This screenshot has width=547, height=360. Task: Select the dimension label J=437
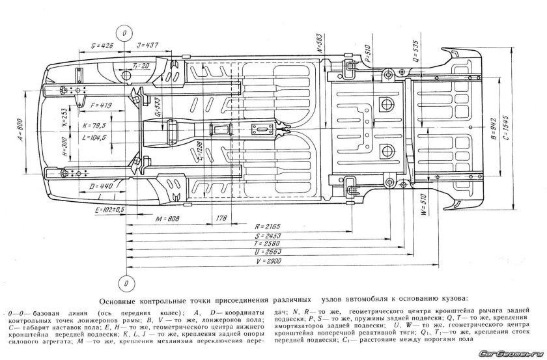click(148, 46)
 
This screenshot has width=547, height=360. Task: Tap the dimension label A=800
click(20, 130)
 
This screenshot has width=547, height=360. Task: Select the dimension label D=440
click(100, 186)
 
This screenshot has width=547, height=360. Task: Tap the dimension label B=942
click(497, 130)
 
